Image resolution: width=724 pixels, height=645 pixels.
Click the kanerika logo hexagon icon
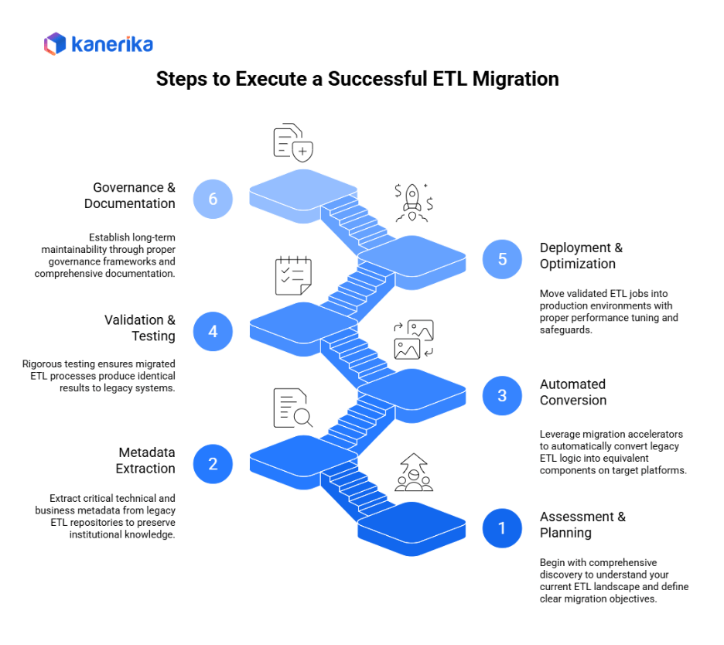[x=55, y=43]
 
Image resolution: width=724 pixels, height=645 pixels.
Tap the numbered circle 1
[x=502, y=528]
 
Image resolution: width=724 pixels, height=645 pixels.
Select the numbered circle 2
[x=213, y=463]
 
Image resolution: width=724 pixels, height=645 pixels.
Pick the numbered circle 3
[x=502, y=395]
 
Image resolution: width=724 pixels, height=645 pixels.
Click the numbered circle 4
[x=213, y=331]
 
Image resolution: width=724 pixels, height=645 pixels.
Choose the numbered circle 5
[x=502, y=259]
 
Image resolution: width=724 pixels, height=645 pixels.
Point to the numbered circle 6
[x=213, y=199]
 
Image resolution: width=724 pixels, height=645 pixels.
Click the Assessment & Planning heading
[x=582, y=524]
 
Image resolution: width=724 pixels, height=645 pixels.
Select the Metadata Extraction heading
[x=146, y=460]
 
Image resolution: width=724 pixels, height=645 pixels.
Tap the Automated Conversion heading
[x=572, y=392]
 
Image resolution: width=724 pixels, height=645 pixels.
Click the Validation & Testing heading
[x=140, y=328]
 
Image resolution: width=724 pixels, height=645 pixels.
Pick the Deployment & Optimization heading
[x=581, y=255]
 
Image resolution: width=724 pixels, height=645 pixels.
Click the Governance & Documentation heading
[x=131, y=196]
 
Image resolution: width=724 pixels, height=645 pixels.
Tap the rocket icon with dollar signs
[x=413, y=202]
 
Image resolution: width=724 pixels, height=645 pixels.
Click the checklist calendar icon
[x=293, y=275]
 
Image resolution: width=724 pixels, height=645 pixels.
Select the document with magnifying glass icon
[x=292, y=409]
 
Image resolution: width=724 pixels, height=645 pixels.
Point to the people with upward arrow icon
[x=413, y=473]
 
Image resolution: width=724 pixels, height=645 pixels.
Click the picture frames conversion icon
[x=413, y=340]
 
